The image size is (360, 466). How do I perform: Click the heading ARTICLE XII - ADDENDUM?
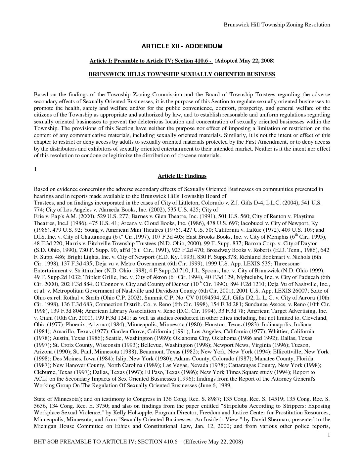(x=182, y=46)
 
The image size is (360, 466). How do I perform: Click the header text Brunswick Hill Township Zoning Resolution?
(x=277, y=24)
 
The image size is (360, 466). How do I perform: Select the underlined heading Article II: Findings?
(x=182, y=176)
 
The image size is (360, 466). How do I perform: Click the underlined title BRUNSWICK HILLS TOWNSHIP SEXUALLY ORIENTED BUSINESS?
(x=182, y=74)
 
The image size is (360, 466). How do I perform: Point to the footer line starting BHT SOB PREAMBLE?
(x=139, y=442)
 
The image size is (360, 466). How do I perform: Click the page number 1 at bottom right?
(x=329, y=435)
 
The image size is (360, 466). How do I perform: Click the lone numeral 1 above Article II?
(x=35, y=169)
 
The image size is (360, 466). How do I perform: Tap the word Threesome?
(x=287, y=263)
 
